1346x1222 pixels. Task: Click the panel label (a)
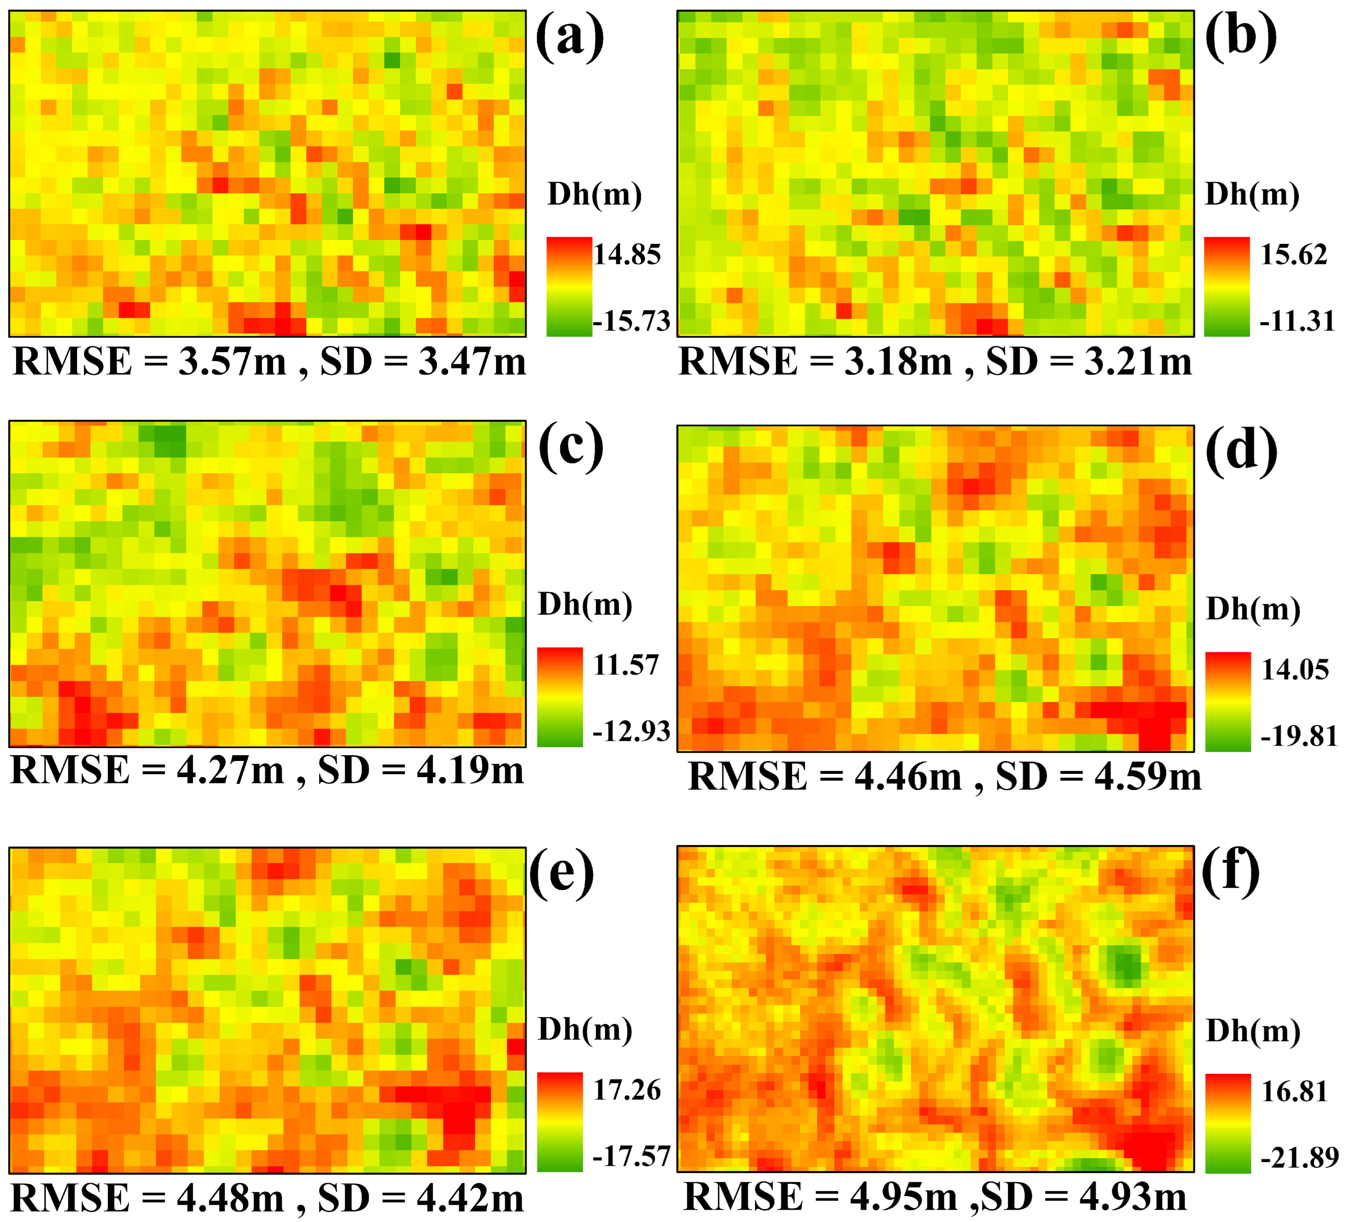point(569,38)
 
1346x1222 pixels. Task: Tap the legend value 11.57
point(626,665)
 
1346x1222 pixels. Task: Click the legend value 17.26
point(627,1090)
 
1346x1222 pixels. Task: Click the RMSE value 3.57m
point(232,362)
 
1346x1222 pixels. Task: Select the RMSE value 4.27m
point(230,771)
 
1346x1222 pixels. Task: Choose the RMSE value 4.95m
point(903,1197)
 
